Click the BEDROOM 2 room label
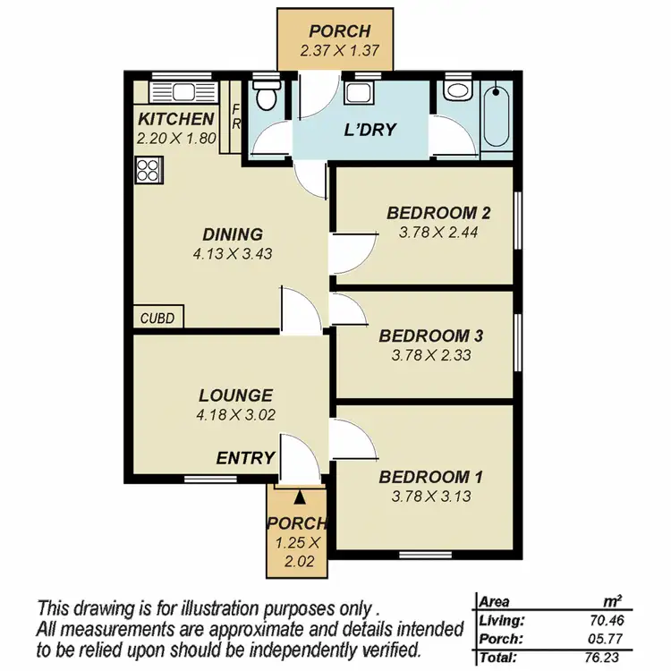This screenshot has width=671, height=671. click(x=438, y=213)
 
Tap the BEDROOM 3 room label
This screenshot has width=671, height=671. click(x=431, y=336)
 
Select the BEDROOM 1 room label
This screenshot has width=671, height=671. click(x=424, y=477)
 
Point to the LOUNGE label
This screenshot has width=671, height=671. click(x=235, y=395)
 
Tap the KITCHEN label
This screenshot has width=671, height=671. click(x=176, y=119)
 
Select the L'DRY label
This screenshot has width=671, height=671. click(x=370, y=129)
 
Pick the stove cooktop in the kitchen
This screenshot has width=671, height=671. click(x=149, y=169)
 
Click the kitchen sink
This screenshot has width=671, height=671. click(x=176, y=90)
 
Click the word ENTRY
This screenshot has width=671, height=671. click(x=245, y=458)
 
